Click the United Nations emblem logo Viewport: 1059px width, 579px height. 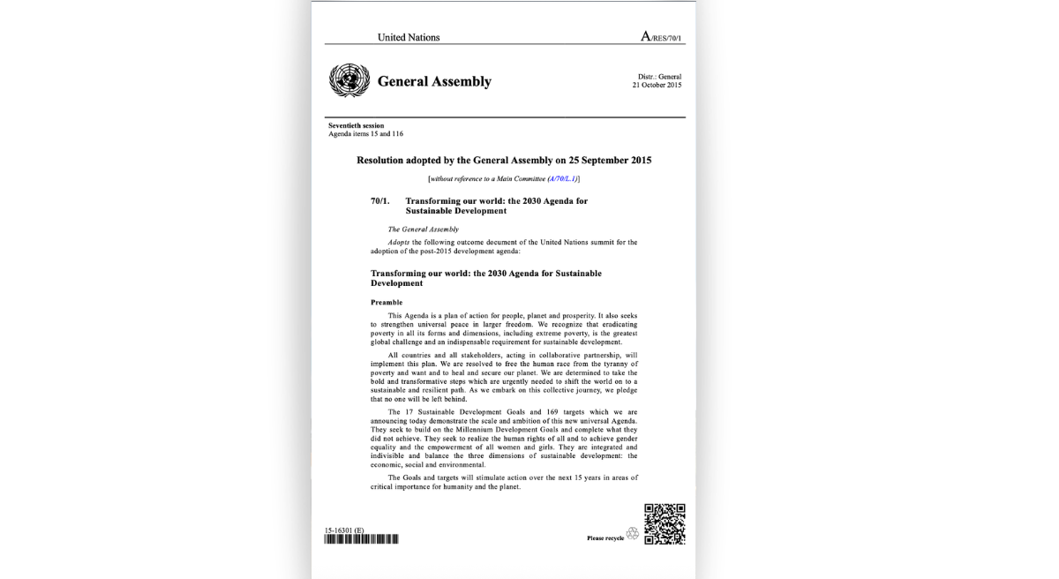349,80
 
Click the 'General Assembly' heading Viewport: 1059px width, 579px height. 434,81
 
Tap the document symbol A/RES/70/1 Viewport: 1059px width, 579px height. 662,37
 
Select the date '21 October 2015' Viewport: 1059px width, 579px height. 657,85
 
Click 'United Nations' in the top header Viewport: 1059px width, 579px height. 409,37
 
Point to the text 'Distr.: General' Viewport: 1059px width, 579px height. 659,77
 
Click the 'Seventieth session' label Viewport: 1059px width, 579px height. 356,126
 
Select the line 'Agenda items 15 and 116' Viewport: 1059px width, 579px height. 365,134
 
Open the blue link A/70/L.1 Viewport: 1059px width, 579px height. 562,178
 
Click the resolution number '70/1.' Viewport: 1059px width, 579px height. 380,201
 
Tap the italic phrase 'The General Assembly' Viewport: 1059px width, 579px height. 424,229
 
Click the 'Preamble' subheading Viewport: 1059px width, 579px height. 387,303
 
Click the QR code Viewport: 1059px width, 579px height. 665,523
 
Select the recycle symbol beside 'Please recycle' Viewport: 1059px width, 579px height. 632,534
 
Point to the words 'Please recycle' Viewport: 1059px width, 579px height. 605,538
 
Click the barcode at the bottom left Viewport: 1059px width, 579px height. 361,538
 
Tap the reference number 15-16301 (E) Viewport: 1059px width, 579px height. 344,530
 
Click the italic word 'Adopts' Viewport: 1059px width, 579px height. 399,241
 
